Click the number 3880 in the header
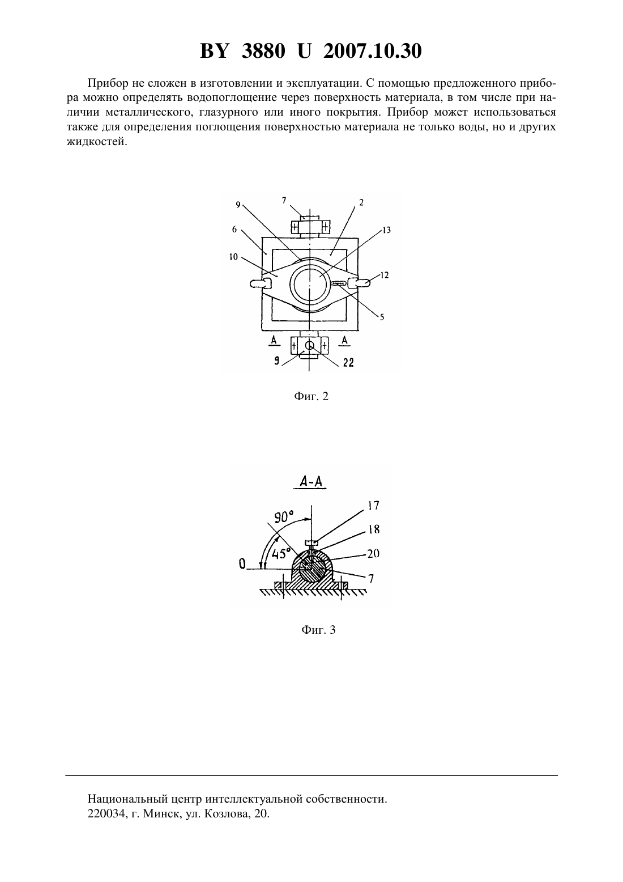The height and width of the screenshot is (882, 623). (263, 51)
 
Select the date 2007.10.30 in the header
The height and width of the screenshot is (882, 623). (373, 51)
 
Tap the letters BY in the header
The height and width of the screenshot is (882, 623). (214, 51)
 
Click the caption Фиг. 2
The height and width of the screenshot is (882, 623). (311, 396)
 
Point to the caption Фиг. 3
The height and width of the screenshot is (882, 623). (318, 630)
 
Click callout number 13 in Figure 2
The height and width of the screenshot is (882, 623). (387, 230)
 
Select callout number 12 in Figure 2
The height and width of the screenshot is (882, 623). (385, 275)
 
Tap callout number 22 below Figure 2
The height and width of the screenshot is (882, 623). (348, 362)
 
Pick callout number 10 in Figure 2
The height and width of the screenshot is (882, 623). (233, 257)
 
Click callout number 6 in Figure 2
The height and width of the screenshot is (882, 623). (234, 229)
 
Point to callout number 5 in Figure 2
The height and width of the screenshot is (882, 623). (382, 316)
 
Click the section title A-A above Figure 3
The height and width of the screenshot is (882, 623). (310, 482)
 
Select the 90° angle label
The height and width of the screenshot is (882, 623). (284, 516)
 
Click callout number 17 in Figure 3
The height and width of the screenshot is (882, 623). (374, 505)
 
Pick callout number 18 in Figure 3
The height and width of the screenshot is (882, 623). (374, 529)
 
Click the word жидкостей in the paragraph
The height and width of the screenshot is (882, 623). (97, 142)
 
